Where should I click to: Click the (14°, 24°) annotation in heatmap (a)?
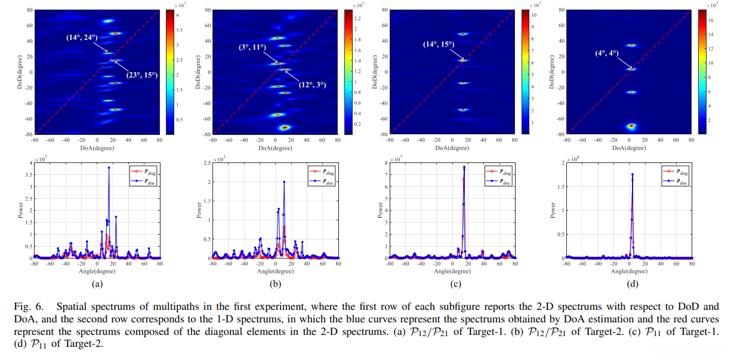point(82,37)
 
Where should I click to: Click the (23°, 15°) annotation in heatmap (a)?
point(141,75)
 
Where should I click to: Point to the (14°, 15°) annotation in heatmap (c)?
point(439,45)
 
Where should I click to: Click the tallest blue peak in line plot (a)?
point(109,168)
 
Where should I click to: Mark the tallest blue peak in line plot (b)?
point(284,182)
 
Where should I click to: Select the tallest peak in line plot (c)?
point(464,167)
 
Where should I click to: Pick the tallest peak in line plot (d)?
point(632,174)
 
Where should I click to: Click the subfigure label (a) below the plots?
point(97,284)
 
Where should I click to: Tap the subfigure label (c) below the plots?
point(451,284)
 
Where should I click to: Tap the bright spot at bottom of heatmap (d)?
point(631,126)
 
